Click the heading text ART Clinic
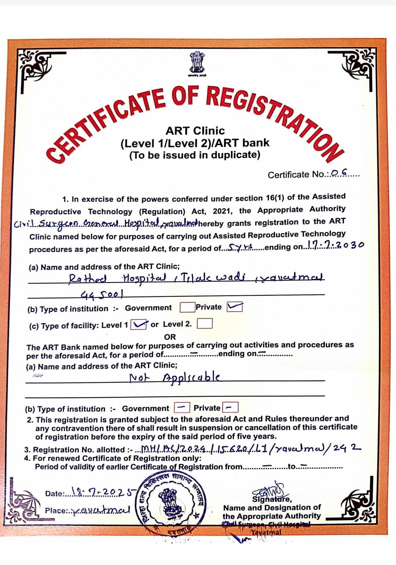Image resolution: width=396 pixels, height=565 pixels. click(195, 131)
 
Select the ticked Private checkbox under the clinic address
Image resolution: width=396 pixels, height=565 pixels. click(235, 307)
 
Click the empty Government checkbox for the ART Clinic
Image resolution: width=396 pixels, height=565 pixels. click(187, 307)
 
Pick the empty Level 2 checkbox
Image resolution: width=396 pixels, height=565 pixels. click(205, 324)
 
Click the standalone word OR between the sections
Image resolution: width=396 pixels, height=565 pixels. click(170, 336)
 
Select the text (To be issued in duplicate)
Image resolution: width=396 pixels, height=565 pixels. click(195, 155)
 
